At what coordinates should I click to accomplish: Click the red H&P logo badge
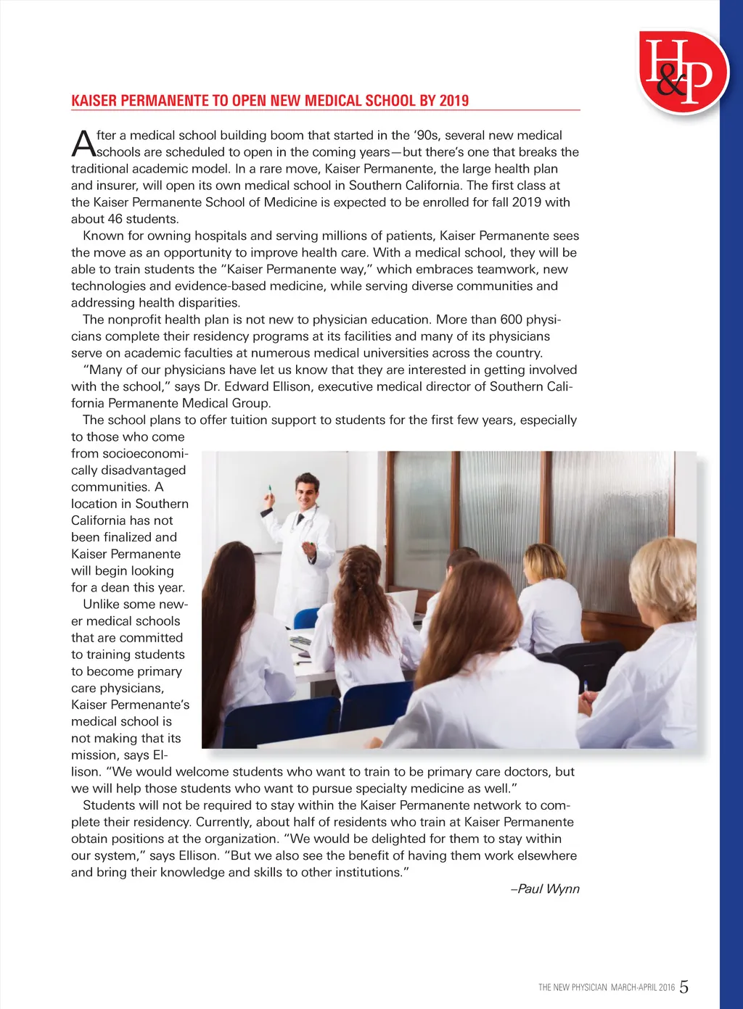pyautogui.click(x=682, y=71)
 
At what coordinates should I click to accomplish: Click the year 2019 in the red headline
pyautogui.click(x=453, y=101)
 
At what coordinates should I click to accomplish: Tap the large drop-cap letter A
pyautogui.click(x=83, y=144)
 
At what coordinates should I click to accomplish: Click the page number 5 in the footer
pyautogui.click(x=684, y=987)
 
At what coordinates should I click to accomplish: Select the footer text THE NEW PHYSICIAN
pyautogui.click(x=572, y=987)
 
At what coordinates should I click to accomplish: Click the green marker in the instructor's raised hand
pyautogui.click(x=270, y=490)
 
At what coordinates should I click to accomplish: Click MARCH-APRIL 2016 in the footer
pyautogui.click(x=643, y=987)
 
